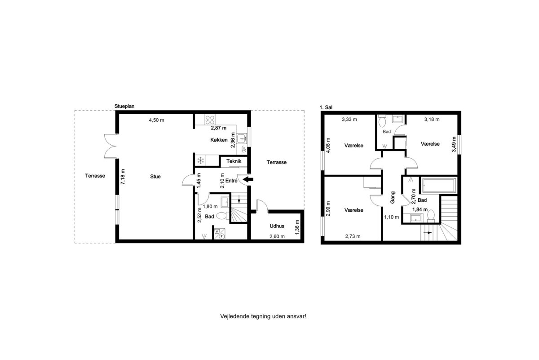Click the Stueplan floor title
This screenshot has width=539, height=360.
(x=124, y=106)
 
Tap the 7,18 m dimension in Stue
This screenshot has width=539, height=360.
(x=123, y=177)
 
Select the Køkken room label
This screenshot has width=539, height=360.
(x=219, y=140)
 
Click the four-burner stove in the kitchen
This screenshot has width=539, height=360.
(x=210, y=120)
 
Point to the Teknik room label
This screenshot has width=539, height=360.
(x=234, y=161)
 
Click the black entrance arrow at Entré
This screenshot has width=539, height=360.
(x=248, y=179)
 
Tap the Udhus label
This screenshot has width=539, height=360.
(x=277, y=226)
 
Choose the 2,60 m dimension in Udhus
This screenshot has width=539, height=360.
(x=277, y=236)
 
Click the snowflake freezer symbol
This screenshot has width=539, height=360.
(x=201, y=160)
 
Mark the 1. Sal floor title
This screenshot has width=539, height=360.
(x=326, y=107)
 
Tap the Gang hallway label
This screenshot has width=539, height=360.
(x=393, y=197)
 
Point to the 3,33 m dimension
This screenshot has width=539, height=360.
(x=349, y=119)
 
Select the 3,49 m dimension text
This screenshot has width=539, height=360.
(x=454, y=144)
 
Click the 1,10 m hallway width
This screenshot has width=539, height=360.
(x=392, y=217)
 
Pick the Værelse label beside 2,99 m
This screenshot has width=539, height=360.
(x=354, y=210)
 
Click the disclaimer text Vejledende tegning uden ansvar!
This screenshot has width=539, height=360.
(x=263, y=316)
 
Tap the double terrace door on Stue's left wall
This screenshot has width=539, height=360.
(x=110, y=146)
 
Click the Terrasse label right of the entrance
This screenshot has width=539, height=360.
(x=277, y=162)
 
